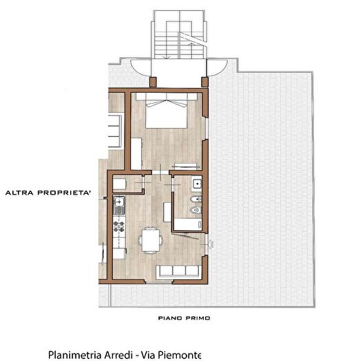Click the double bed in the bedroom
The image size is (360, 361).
coord(167,111)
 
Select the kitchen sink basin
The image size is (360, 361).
coord(119,201)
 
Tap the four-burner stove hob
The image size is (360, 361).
coord(119,226)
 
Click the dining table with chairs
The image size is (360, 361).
coord(150,241)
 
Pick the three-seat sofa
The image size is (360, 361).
coord(179,272)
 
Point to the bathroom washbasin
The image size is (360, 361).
coord(198,184)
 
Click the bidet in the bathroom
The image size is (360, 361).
coord(196,199)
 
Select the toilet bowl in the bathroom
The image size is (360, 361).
coord(196,210)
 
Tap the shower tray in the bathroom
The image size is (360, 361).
coord(188,224)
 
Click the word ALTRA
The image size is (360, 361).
coord(19,193)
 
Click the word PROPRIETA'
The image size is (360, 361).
coord(64,193)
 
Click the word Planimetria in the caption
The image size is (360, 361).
coord(74,355)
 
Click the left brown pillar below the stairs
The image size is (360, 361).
coord(153,82)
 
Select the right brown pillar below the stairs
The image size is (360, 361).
coord(204,82)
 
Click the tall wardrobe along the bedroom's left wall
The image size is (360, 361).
coord(136,153)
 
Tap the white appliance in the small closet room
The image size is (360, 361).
coord(119,184)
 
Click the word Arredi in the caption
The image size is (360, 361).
coord(119,355)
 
